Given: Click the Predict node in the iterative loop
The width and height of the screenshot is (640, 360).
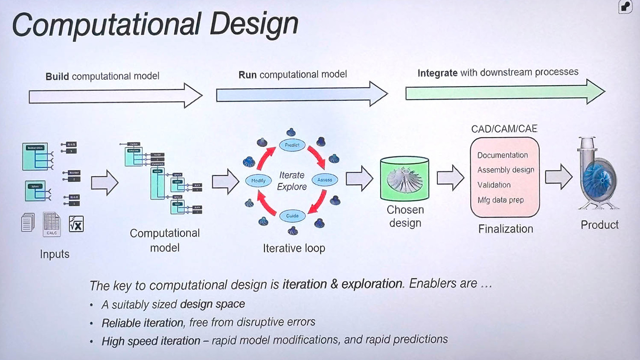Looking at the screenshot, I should point(292,145).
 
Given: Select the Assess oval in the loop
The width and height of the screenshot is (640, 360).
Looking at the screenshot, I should point(325,180).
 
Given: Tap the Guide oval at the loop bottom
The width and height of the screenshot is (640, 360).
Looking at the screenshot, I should point(292,216).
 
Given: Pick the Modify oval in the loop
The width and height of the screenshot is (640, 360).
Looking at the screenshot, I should point(259,180).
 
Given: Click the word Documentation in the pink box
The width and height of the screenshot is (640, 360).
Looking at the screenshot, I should point(502,155).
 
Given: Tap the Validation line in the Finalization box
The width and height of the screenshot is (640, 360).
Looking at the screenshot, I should point(494,185).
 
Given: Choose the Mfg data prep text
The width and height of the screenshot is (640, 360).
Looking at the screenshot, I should point(500,200).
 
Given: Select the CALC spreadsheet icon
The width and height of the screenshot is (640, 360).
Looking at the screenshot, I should point(52,224).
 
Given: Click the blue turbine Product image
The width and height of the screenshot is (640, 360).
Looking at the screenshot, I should point(599,175).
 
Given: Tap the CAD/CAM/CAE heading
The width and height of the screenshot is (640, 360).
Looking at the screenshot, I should point(504,129).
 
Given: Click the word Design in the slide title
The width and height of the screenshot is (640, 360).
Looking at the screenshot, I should point(253,24).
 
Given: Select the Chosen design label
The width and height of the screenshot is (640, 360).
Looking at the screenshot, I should point(405,216).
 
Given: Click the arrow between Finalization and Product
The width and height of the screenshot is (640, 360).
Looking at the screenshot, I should point(559,177).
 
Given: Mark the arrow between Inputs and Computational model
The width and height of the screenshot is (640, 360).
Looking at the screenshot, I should point(105,183).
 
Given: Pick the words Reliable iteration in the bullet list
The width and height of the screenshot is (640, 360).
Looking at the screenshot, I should point(142,323).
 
